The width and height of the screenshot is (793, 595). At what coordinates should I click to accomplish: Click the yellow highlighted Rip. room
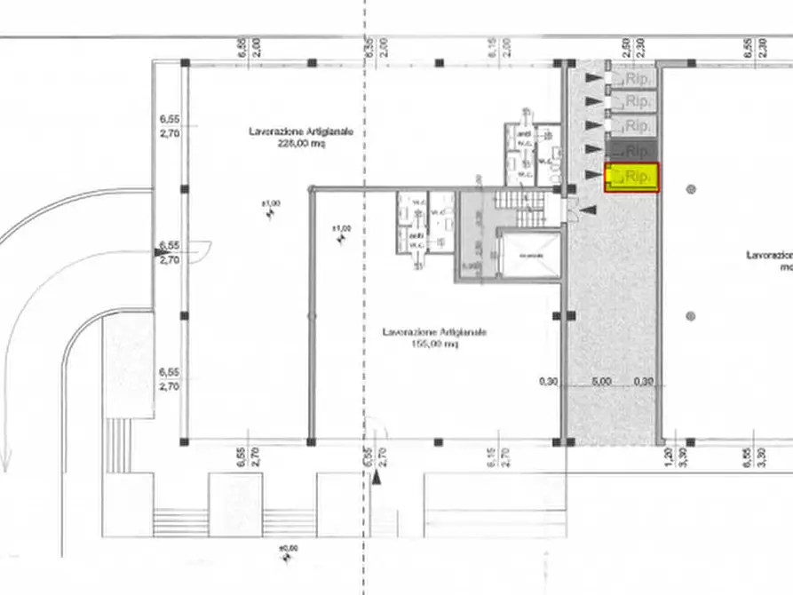tap(632, 178)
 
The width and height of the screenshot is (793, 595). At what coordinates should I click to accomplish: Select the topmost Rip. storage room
tap(632, 78)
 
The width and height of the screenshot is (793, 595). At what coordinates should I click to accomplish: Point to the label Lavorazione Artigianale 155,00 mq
tap(434, 337)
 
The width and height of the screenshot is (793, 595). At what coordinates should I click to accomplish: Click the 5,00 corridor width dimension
tap(602, 382)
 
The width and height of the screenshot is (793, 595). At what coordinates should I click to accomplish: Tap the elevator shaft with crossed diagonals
tap(530, 255)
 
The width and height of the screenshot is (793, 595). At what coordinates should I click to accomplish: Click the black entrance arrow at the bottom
tap(377, 477)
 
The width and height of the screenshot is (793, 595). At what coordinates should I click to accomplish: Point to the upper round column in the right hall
tap(691, 188)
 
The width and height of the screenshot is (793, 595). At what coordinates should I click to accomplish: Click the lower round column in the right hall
tap(691, 315)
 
